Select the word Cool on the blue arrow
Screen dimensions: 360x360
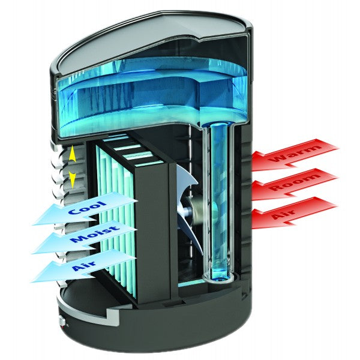[88, 208]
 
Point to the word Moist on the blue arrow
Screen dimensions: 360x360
[95, 234]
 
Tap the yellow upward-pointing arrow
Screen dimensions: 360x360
[72, 154]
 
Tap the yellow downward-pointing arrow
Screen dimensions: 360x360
[73, 180]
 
